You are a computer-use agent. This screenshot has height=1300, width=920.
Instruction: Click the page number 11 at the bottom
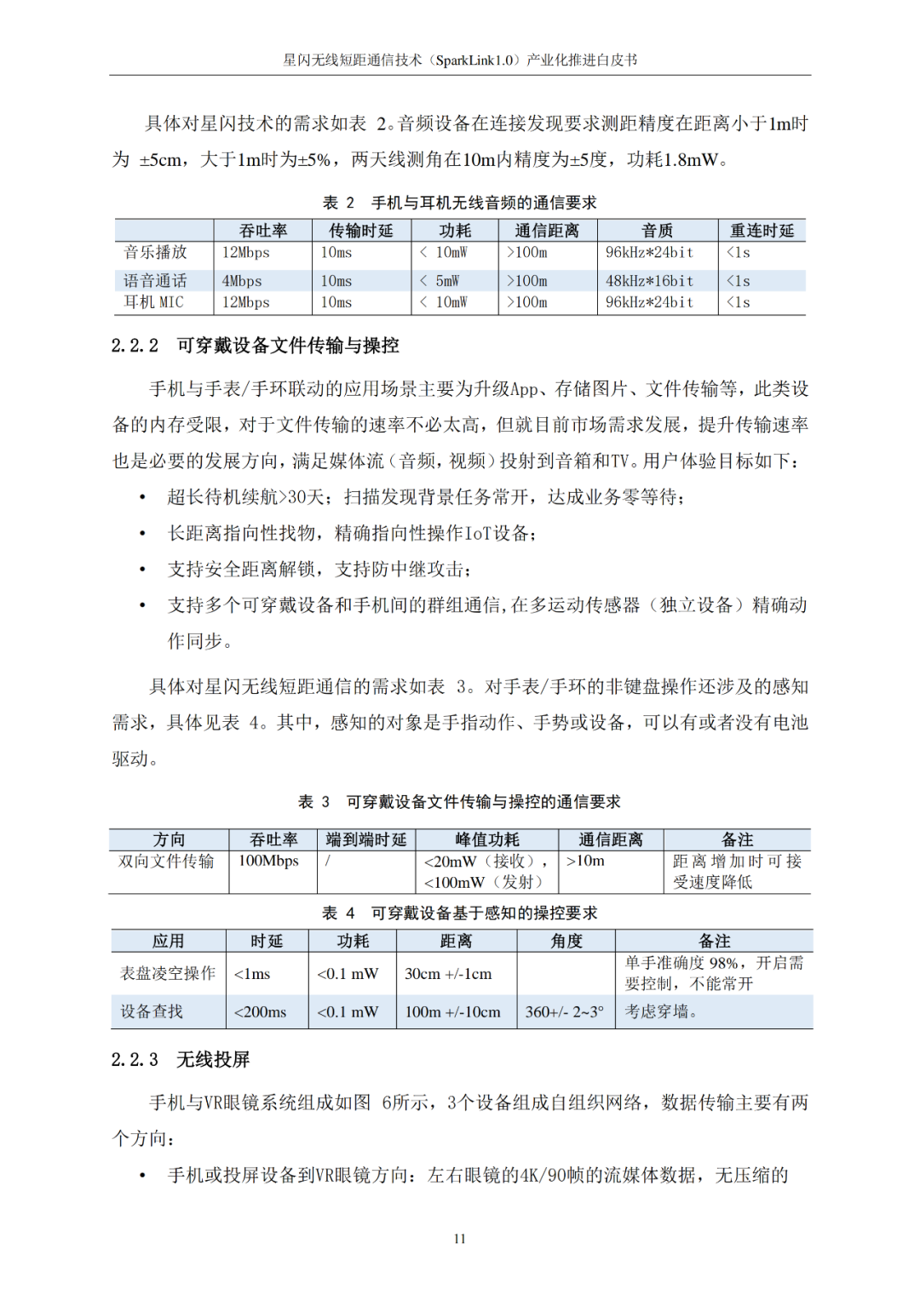[x=459, y=1239]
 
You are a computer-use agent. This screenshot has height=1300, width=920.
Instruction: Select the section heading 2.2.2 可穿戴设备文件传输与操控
[x=255, y=346]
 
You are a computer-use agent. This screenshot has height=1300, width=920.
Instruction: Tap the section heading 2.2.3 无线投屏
[x=181, y=1060]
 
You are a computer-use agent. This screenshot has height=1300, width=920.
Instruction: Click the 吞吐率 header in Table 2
[x=262, y=231]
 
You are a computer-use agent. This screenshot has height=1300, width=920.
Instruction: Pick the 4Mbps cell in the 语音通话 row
[x=242, y=281]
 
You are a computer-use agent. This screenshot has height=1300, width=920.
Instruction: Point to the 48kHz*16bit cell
[x=649, y=281]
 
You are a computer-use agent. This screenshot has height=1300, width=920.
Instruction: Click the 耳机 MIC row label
[x=154, y=302]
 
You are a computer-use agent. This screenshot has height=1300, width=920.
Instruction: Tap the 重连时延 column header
[x=762, y=231]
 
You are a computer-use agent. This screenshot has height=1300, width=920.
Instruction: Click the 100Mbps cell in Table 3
[x=268, y=862]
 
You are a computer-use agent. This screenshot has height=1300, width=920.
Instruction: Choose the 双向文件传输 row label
[x=166, y=862]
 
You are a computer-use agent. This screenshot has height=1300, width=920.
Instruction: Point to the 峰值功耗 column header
[x=486, y=840]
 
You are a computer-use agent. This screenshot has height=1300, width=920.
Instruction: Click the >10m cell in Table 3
[x=585, y=862]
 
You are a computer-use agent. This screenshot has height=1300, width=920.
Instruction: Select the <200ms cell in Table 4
[x=261, y=1012]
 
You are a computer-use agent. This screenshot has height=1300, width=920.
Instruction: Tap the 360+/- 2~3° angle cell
[x=564, y=1012]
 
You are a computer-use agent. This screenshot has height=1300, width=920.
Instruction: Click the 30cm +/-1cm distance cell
[x=448, y=974]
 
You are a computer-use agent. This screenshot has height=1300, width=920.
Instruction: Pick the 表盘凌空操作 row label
[x=168, y=974]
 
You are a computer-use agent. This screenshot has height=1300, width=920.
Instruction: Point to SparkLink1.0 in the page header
[x=475, y=60]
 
